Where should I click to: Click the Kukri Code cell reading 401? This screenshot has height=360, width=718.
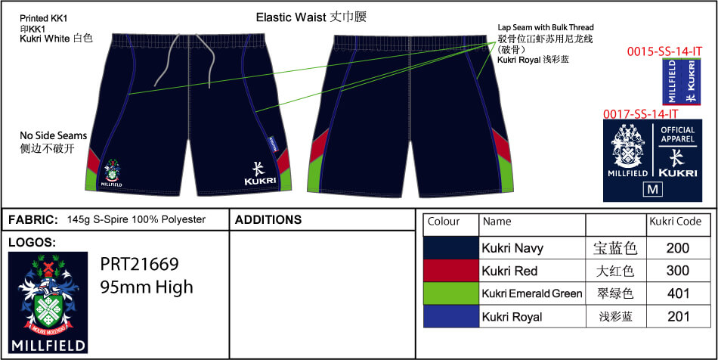pyautogui.click(x=677, y=293)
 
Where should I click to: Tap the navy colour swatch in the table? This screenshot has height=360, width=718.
pyautogui.click(x=451, y=248)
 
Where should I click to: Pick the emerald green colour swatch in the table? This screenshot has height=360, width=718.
pyautogui.click(x=451, y=293)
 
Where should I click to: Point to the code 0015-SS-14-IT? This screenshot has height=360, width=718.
pyautogui.click(x=665, y=51)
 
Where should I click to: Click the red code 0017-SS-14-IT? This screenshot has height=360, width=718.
pyautogui.click(x=640, y=114)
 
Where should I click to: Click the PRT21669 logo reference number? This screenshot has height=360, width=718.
pyautogui.click(x=140, y=265)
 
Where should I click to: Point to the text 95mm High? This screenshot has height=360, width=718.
pyautogui.click(x=147, y=287)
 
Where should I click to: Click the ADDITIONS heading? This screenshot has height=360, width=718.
pyautogui.click(x=268, y=220)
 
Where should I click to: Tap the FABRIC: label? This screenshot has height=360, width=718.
pyautogui.click(x=32, y=220)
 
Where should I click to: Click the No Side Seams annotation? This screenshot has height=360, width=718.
pyautogui.click(x=53, y=135)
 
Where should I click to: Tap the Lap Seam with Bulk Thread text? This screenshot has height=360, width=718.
pyautogui.click(x=546, y=26)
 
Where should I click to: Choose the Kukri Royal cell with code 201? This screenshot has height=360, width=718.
pyautogui.click(x=677, y=316)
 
